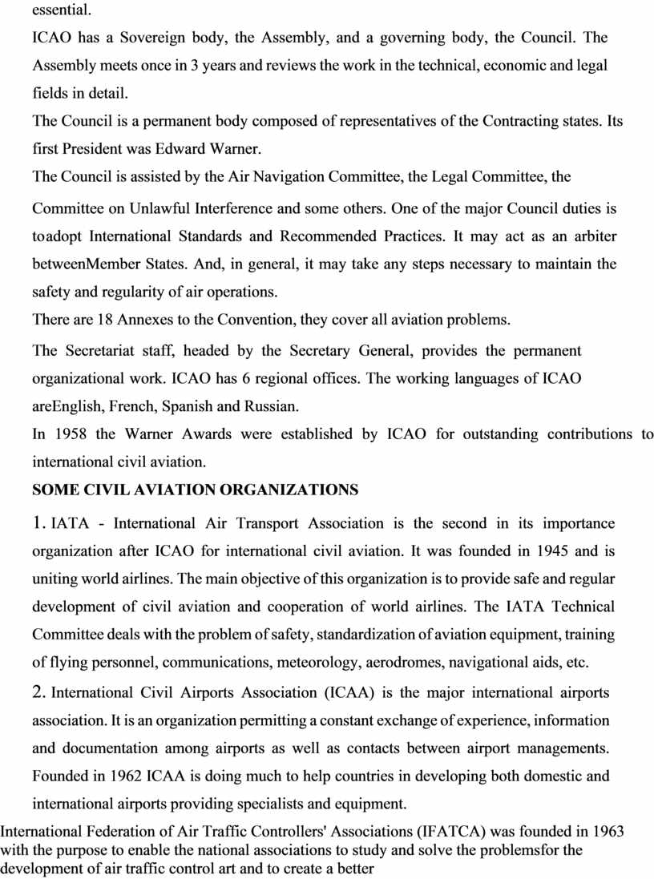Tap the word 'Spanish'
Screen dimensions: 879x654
tap(188, 406)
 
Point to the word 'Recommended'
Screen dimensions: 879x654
tap(329, 236)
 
